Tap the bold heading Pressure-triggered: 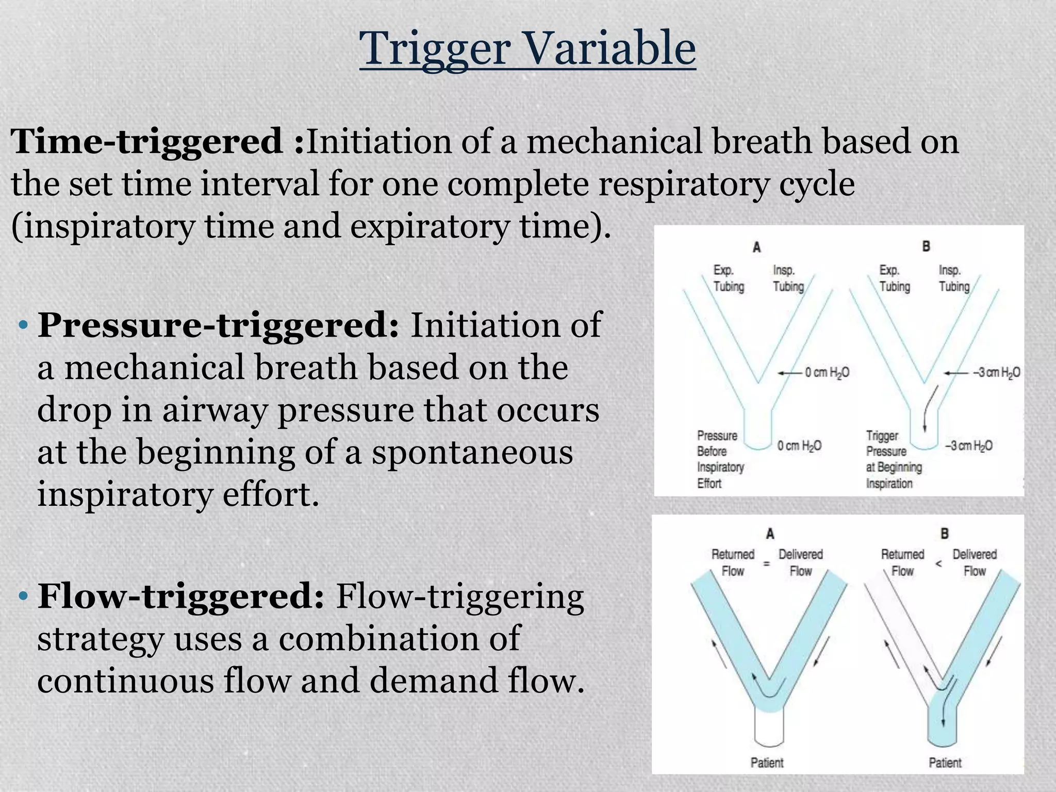pyautogui.click(x=218, y=325)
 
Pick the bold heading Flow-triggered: pyautogui.click(x=180, y=596)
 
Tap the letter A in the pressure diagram pyautogui.click(x=756, y=248)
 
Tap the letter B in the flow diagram pyautogui.click(x=944, y=534)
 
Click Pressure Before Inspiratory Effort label pyautogui.click(x=720, y=459)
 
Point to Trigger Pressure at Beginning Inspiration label pyautogui.click(x=893, y=459)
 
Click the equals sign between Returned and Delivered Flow pyautogui.click(x=766, y=564)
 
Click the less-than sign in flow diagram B pyautogui.click(x=938, y=564)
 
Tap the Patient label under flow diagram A pyautogui.click(x=767, y=762)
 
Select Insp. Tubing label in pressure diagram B pyautogui.click(x=953, y=278)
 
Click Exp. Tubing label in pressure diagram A pyautogui.click(x=728, y=278)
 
